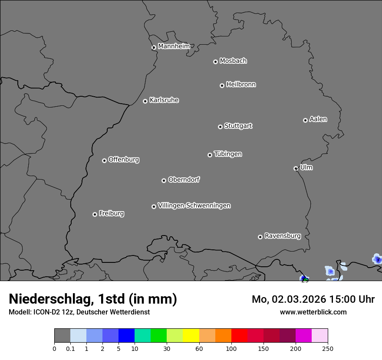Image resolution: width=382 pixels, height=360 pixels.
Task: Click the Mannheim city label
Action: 174,46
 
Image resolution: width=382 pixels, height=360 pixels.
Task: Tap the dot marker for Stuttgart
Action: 220,127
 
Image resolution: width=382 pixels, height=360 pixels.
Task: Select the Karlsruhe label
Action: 164,100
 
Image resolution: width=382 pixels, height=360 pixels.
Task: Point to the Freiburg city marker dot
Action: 95,214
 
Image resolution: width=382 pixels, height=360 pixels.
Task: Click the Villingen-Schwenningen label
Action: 194,206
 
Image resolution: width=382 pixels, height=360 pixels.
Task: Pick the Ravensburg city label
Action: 283,236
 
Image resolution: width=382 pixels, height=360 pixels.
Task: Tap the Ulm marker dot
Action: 296,168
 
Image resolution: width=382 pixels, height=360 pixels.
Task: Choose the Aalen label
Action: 318,119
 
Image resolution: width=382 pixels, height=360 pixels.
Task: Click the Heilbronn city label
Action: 241,85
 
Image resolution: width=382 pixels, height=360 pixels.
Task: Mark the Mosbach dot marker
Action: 215,62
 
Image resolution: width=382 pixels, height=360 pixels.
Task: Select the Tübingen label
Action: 228,154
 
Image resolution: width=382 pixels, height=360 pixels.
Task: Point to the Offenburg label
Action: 124,160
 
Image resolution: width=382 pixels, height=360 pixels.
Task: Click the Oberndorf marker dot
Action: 164,180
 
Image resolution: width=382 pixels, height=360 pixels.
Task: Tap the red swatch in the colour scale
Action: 239,336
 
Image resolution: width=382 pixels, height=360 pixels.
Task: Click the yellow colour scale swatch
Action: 191,336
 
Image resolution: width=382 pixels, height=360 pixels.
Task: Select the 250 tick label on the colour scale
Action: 328,348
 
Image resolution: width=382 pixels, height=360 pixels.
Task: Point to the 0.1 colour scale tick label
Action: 70,348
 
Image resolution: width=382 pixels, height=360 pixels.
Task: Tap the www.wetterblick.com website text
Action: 313,312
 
